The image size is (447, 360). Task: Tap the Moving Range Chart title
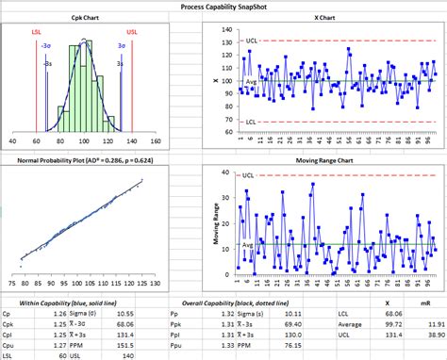point(325,161)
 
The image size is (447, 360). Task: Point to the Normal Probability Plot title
point(78,161)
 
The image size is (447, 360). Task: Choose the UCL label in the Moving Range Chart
point(247,175)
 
